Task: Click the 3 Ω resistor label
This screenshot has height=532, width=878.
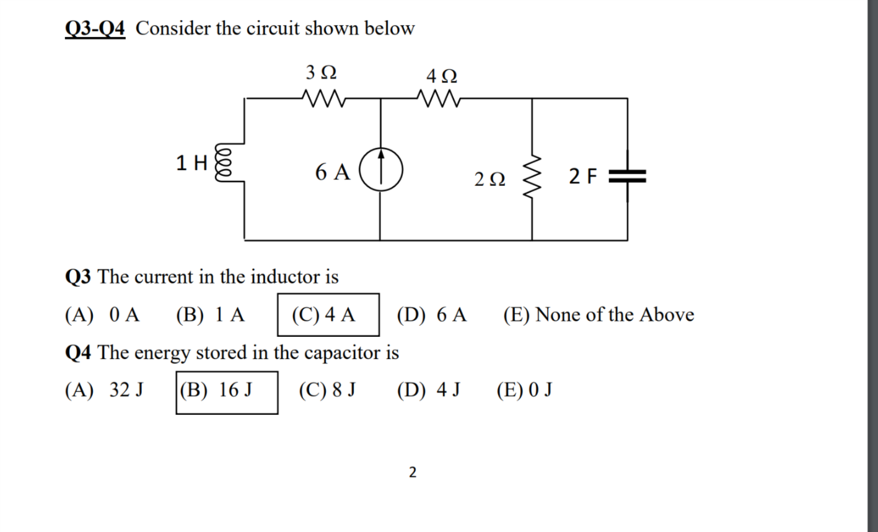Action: point(322,72)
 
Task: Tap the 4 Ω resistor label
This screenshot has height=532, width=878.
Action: point(442,77)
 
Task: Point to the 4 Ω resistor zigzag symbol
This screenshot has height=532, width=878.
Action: point(437,98)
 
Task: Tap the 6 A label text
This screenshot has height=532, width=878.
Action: point(332,172)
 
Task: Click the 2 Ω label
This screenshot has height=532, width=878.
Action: point(489,180)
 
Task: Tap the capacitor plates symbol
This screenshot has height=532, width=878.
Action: point(627,177)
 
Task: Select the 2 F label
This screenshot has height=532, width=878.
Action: point(583,177)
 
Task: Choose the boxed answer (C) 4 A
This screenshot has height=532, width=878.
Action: point(327,314)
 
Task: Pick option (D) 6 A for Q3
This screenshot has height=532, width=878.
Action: point(431,315)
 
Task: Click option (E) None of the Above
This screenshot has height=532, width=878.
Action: point(599,315)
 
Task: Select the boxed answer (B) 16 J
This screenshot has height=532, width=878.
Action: point(226,391)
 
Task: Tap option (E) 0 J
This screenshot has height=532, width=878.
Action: point(524,391)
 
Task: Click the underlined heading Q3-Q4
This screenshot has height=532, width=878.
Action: point(95,28)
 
